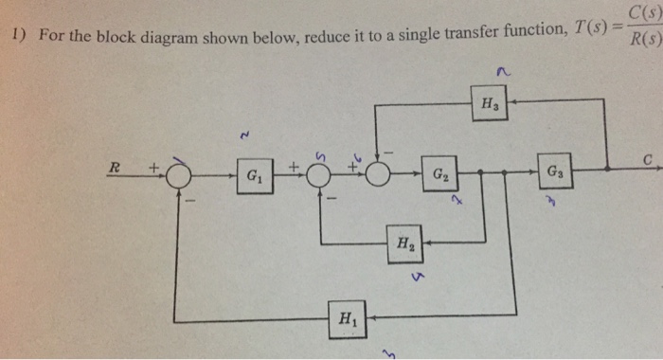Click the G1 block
pyautogui.click(x=253, y=176)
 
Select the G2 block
pyautogui.click(x=440, y=175)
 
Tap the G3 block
pyautogui.click(x=551, y=175)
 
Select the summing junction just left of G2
pyautogui.click(x=379, y=175)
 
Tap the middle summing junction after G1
pyautogui.click(x=321, y=175)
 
